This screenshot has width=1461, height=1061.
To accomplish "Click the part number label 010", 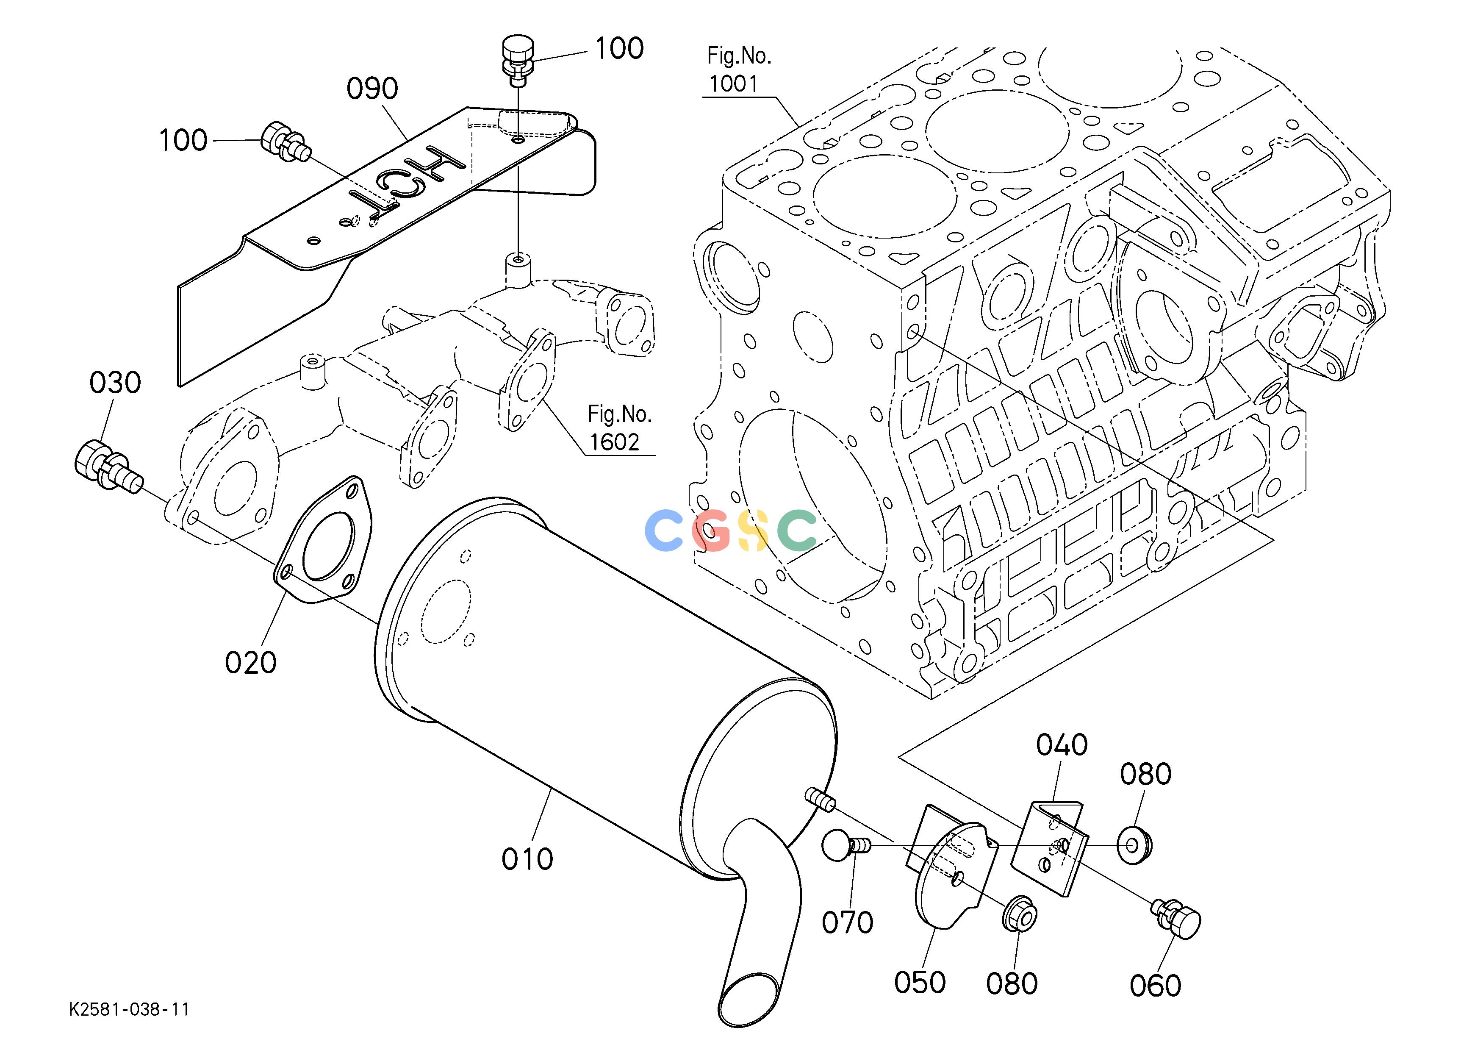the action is coord(527,859).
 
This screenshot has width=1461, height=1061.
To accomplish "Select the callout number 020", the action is coord(251,662).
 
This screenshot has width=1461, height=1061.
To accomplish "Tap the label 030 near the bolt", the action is coord(115,383).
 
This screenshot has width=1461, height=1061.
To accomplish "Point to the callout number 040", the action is coord(1062,745).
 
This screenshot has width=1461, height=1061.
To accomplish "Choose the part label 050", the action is coord(920,983).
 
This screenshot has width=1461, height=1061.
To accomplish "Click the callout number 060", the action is coord(1156,986).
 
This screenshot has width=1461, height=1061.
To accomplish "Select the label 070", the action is coord(848,922).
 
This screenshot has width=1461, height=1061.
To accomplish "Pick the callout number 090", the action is coord(372,89).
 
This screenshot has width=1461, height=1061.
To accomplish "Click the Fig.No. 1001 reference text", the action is coord(739,69).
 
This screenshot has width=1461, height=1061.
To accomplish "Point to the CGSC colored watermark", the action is coord(730,530).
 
